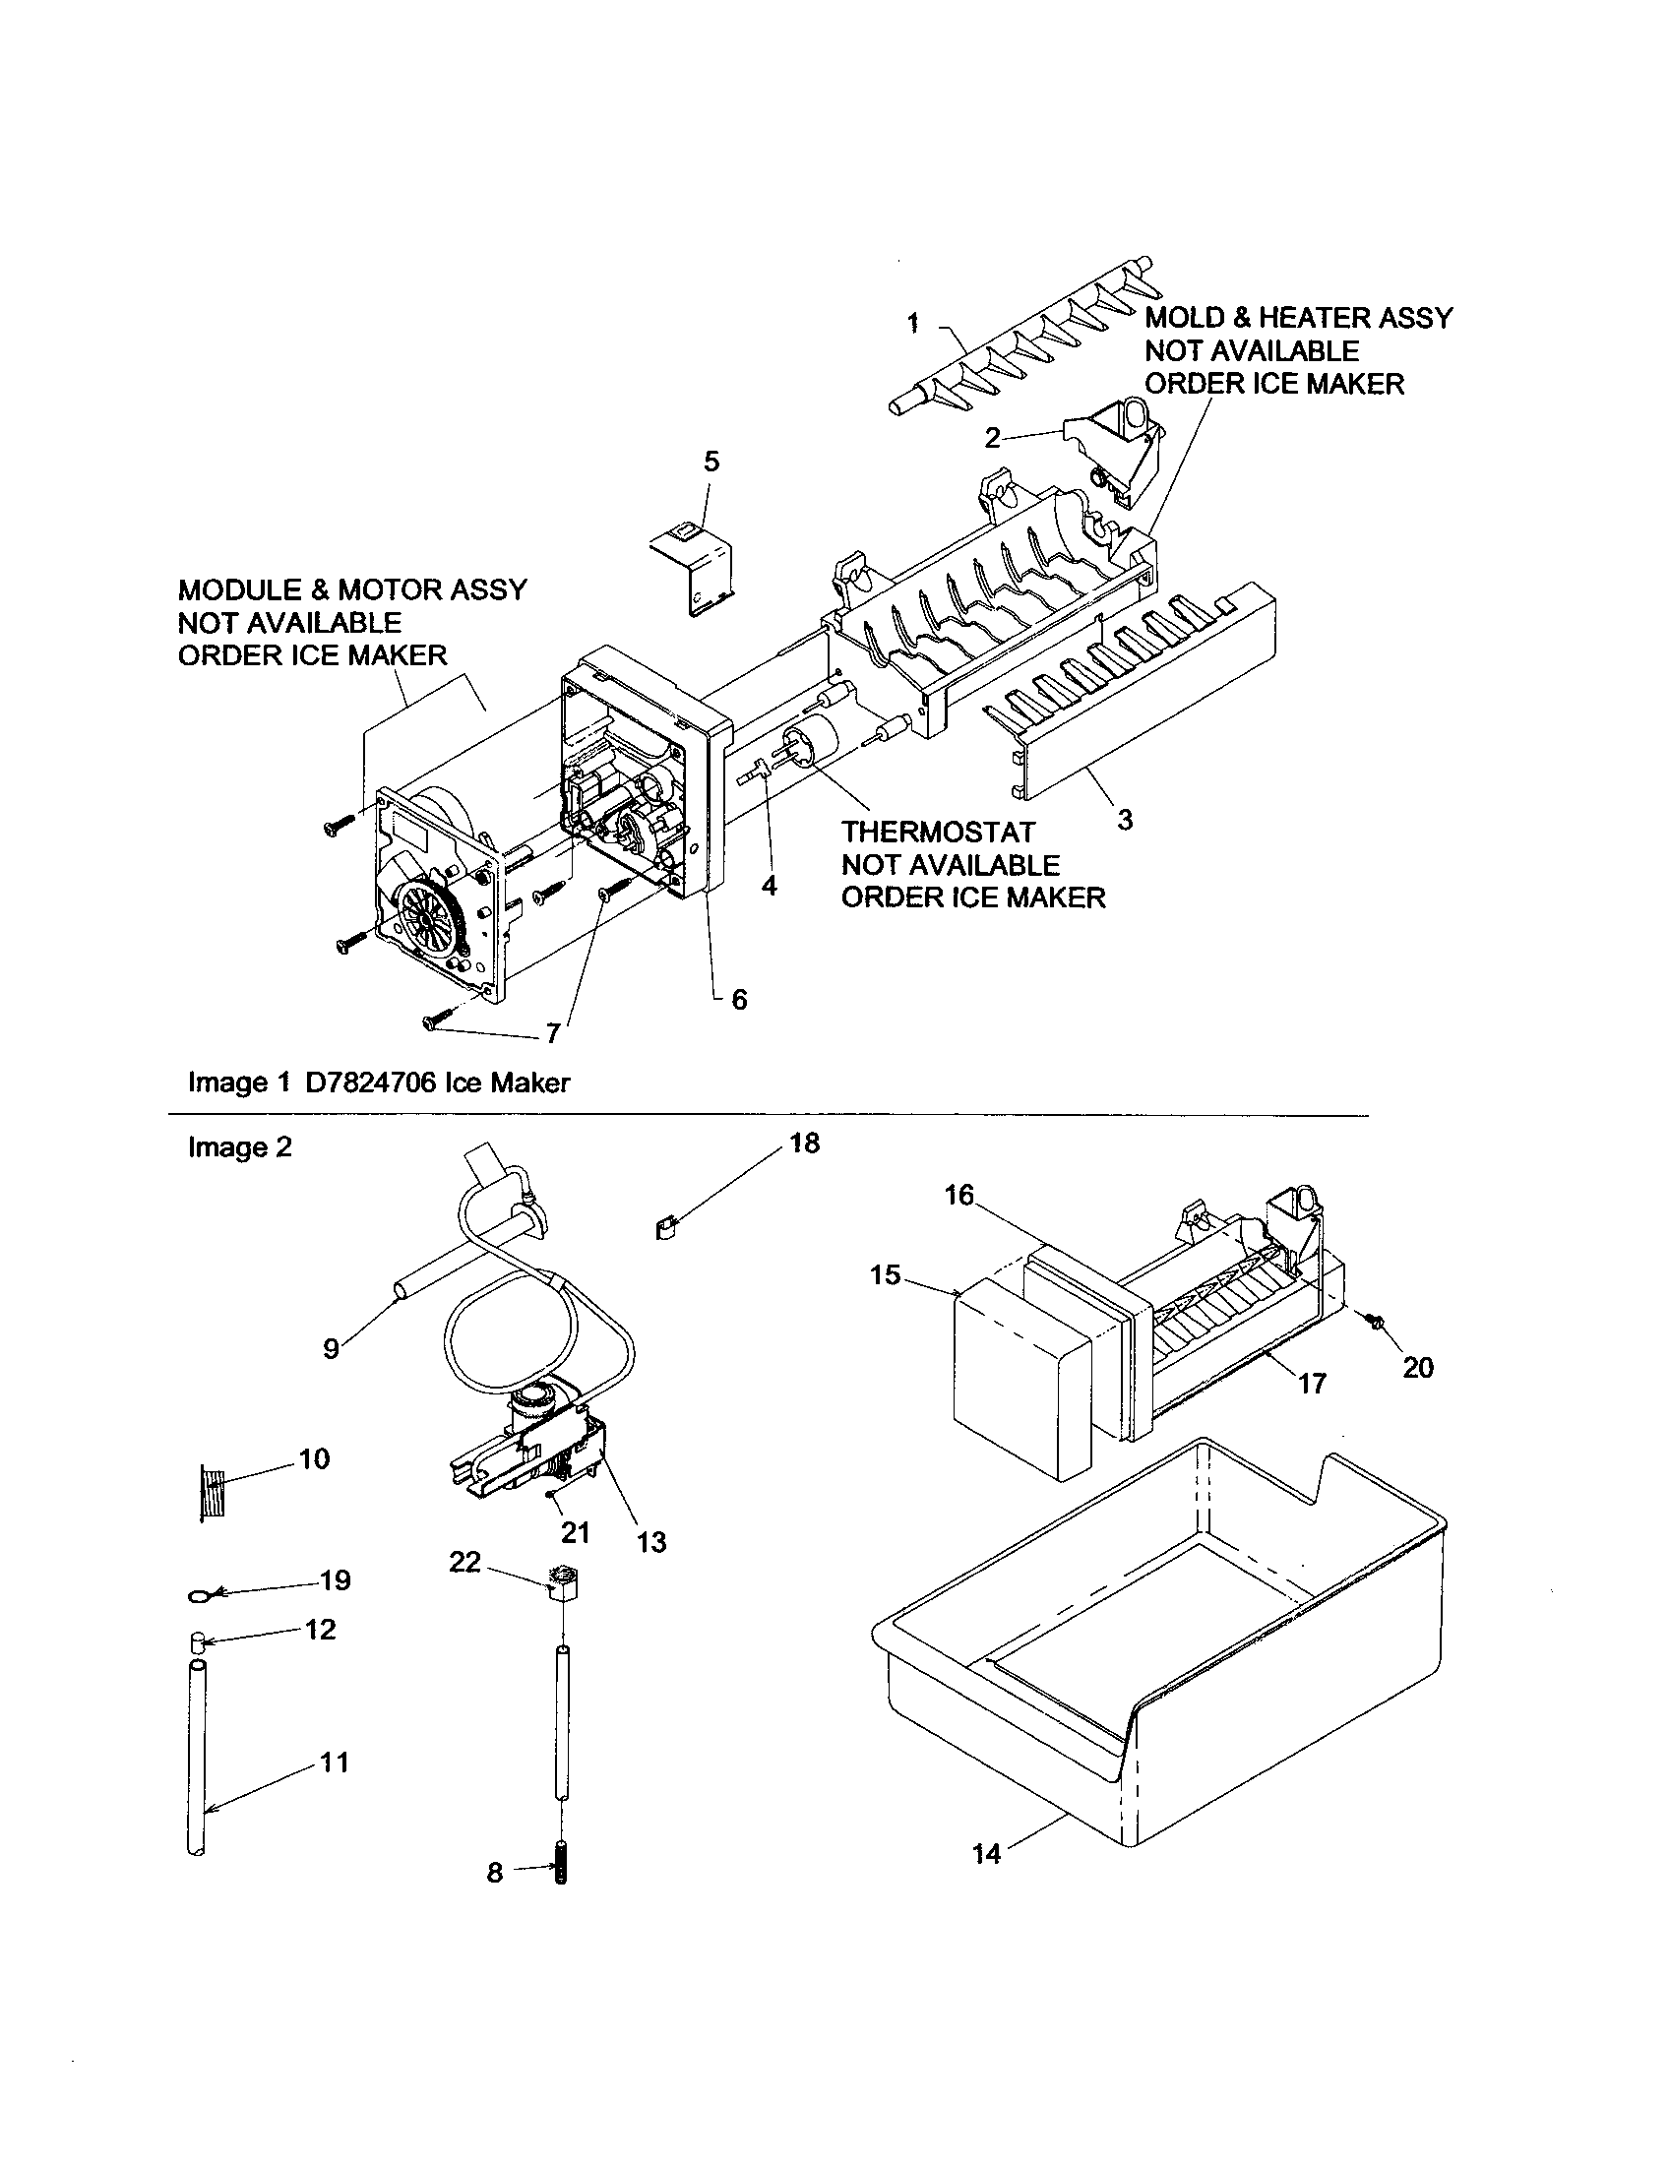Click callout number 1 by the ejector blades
click(913, 322)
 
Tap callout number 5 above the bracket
click(711, 461)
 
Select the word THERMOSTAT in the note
click(938, 832)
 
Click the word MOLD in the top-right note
click(1184, 318)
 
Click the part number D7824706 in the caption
click(370, 1082)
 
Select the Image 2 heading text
click(240, 1146)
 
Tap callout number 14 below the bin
click(987, 1854)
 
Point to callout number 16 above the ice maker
click(959, 1196)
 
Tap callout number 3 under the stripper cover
click(1125, 820)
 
